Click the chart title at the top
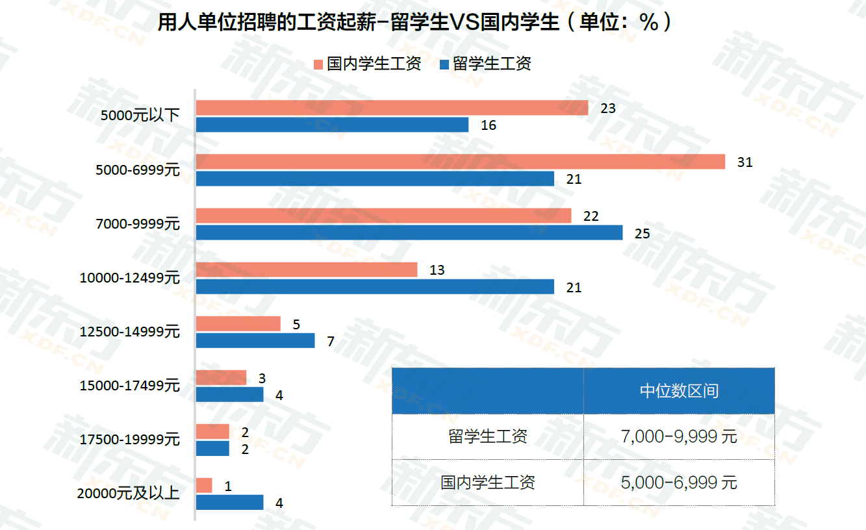click(x=416, y=23)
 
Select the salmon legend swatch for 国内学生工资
click(x=318, y=64)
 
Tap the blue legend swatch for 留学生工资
click(x=444, y=64)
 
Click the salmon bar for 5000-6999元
click(x=460, y=162)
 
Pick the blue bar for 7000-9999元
click(x=409, y=233)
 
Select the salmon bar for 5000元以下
click(x=392, y=108)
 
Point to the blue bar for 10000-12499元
click(x=375, y=286)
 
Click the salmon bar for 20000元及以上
click(x=204, y=485)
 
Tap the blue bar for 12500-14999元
click(x=255, y=340)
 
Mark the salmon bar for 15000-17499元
click(x=221, y=377)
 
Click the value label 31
click(x=745, y=162)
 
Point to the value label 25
click(x=642, y=233)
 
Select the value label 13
click(x=437, y=270)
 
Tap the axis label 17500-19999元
click(x=129, y=440)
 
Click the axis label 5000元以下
click(x=140, y=116)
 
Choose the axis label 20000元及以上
click(x=128, y=494)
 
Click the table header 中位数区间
click(x=679, y=391)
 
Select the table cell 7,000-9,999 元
click(x=679, y=436)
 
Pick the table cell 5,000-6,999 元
click(x=679, y=483)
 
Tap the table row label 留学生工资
click(x=488, y=436)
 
